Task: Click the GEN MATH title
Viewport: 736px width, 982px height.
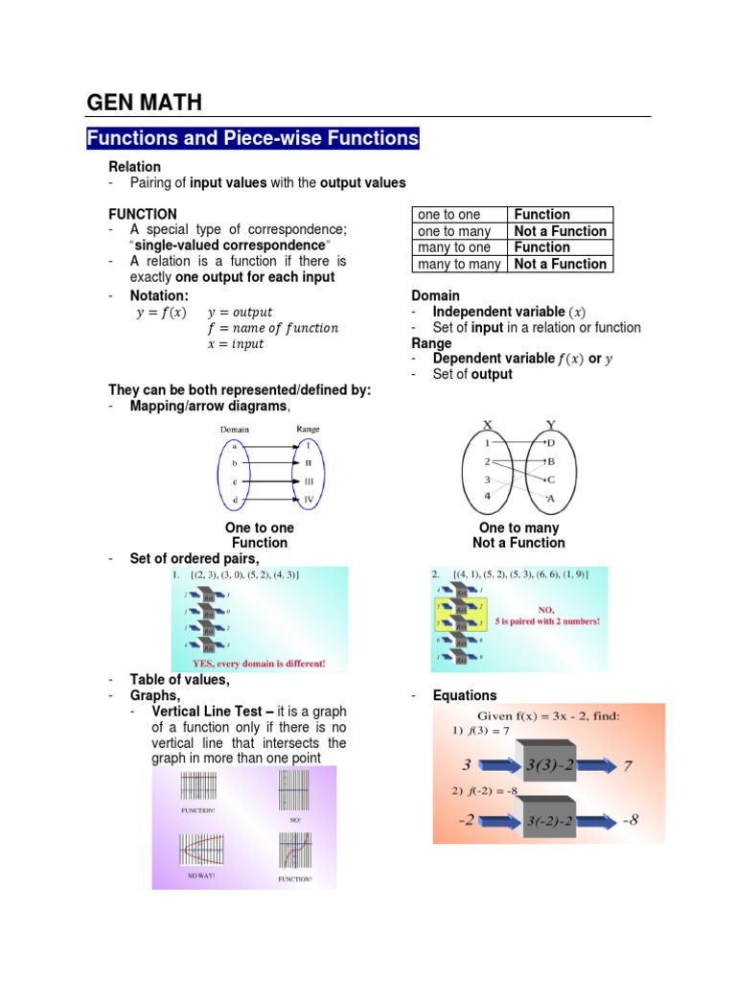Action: (144, 102)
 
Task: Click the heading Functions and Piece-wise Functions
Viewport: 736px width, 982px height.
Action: (253, 138)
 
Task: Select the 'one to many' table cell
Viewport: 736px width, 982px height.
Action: (454, 231)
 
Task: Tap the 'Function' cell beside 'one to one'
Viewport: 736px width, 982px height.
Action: (541, 215)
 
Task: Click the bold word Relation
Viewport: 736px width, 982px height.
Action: (134, 167)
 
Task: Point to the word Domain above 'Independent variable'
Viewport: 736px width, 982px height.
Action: (435, 295)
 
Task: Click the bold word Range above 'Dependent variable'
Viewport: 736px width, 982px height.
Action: (431, 343)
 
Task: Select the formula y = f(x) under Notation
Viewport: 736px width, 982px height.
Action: (162, 313)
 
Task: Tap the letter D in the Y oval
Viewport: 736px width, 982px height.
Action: (550, 443)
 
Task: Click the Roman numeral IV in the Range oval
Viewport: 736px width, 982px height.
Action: (309, 500)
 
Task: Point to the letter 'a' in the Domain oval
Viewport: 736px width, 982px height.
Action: (234, 446)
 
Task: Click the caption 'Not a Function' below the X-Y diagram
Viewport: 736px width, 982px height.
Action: (518, 543)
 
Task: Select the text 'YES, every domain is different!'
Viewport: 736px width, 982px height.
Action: (260, 663)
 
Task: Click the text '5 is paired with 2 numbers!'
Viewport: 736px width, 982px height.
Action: (547, 621)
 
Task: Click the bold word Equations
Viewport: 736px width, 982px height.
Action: (465, 695)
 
